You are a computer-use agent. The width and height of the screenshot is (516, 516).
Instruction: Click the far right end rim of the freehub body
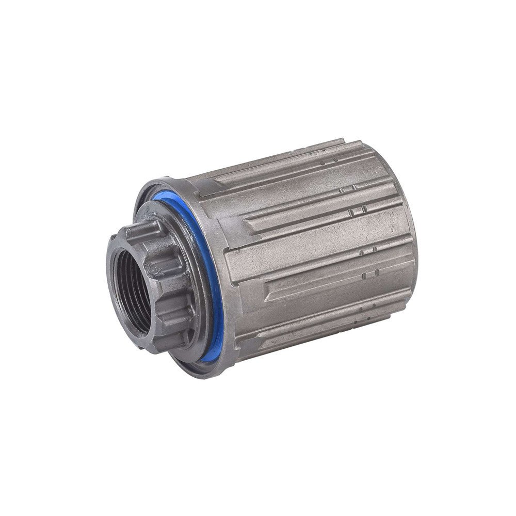tap(413, 248)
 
